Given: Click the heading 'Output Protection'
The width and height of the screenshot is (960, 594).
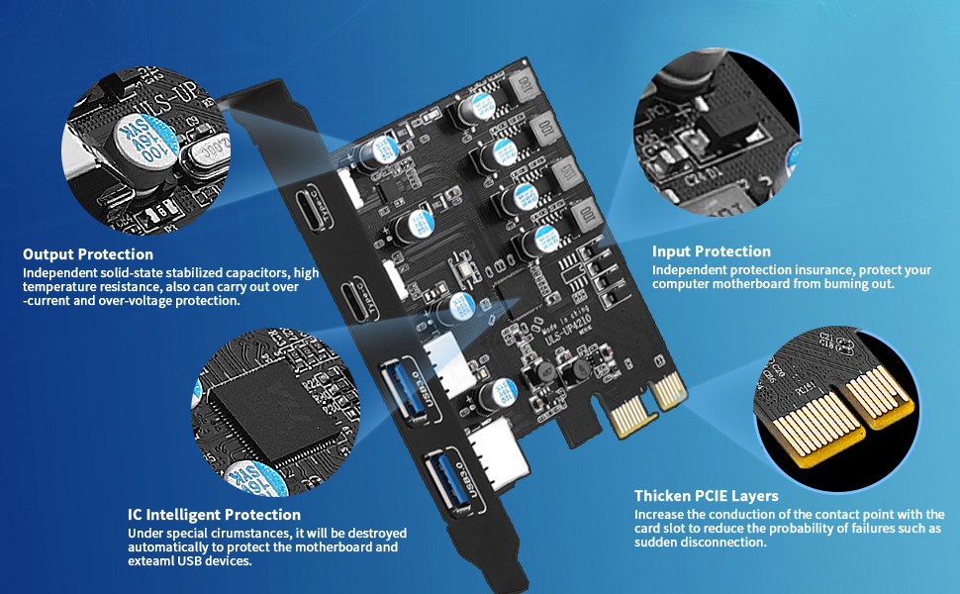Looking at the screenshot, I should coord(88,254).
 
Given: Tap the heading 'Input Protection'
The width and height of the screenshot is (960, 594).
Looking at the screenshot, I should coord(711,251).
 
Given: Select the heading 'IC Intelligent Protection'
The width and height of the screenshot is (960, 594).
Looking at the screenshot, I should coord(214,515).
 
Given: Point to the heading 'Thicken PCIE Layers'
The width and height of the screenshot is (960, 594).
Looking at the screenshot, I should coord(707,495).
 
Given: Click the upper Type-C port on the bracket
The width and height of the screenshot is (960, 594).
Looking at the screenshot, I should coord(312,211).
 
